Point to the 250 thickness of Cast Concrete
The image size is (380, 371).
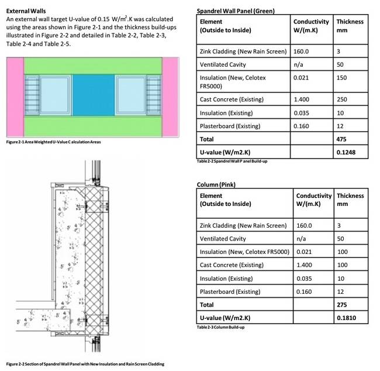tap(342, 100)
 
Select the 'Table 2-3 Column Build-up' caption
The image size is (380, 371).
tap(220, 327)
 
